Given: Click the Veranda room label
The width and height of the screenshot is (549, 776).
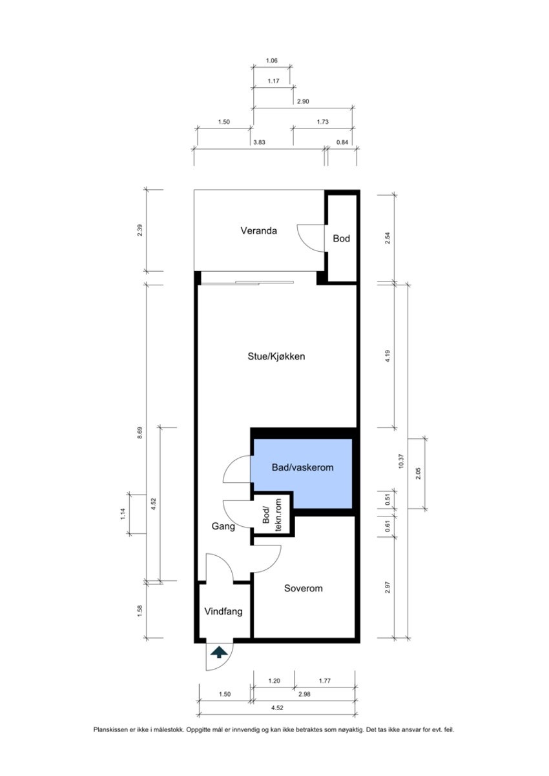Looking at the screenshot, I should pyautogui.click(x=259, y=230).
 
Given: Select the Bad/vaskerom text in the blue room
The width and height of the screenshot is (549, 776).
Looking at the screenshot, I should pyautogui.click(x=302, y=467).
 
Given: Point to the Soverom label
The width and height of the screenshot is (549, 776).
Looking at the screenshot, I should pyautogui.click(x=303, y=588).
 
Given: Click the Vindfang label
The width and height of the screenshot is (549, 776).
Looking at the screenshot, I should pyautogui.click(x=223, y=611).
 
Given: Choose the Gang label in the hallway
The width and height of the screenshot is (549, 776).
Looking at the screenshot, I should pyautogui.click(x=223, y=526).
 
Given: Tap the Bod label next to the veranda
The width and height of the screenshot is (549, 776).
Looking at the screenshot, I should pyautogui.click(x=341, y=238).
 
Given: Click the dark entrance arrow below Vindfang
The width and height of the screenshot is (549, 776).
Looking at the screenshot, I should pyautogui.click(x=219, y=652).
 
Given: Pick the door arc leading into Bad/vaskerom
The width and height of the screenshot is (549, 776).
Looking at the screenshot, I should pyautogui.click(x=235, y=470).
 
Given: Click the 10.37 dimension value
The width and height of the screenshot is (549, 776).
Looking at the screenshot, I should pyautogui.click(x=400, y=462).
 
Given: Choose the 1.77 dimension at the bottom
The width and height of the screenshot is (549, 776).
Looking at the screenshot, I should pyautogui.click(x=324, y=681).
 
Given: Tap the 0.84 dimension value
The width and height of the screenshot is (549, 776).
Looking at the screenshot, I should pyautogui.click(x=342, y=142).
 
